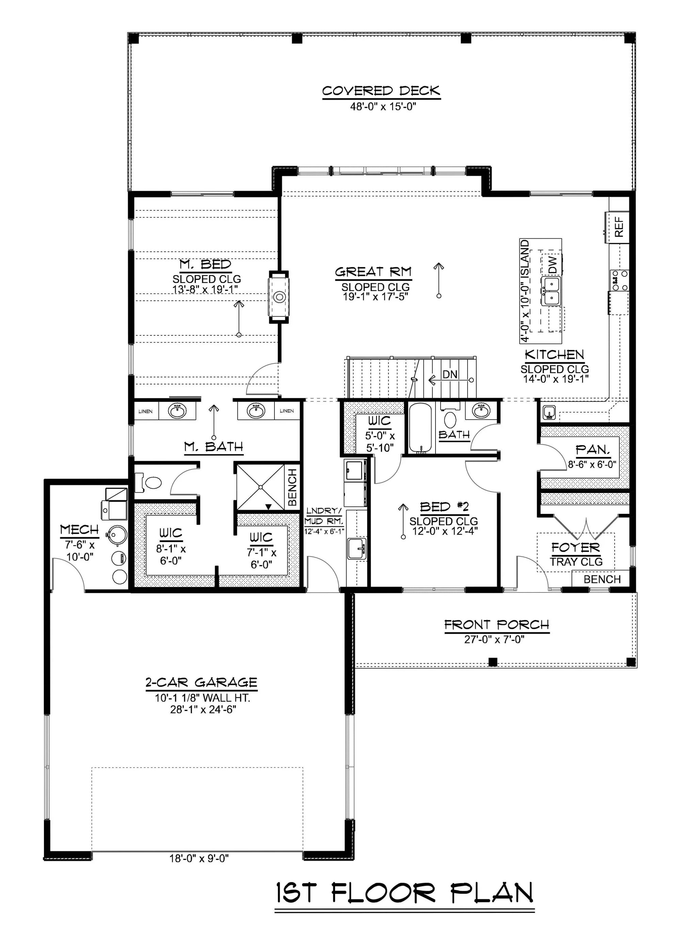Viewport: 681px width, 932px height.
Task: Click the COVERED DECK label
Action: (381, 91)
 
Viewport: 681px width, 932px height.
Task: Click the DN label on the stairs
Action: (450, 374)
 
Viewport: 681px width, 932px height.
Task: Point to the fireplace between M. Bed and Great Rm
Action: (279, 297)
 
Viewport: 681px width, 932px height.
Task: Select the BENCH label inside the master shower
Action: (292, 487)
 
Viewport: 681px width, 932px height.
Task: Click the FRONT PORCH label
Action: (496, 625)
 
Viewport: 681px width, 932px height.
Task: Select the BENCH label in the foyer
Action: (602, 579)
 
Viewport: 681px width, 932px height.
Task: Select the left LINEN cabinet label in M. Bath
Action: (145, 411)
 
